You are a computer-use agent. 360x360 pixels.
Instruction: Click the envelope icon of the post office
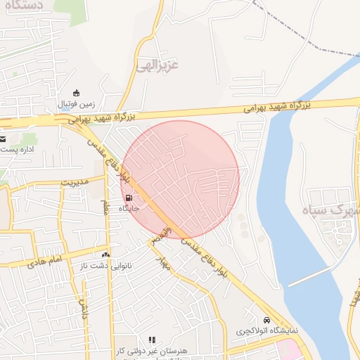click(x=3, y=139)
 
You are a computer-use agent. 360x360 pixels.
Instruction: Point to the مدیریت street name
click(x=77, y=181)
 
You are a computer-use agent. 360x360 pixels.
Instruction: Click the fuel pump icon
click(x=129, y=198)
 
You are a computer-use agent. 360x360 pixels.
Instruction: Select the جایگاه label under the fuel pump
click(x=129, y=209)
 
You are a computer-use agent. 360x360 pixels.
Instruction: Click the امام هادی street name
click(x=46, y=262)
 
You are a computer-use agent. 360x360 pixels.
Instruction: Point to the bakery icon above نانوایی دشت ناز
click(x=106, y=255)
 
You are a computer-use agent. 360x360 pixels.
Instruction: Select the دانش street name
click(x=83, y=307)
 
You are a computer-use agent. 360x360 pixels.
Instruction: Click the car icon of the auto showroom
click(x=266, y=319)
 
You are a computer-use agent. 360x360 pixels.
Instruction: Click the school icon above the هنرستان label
click(x=152, y=340)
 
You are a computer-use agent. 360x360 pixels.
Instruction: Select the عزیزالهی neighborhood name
click(x=156, y=65)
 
